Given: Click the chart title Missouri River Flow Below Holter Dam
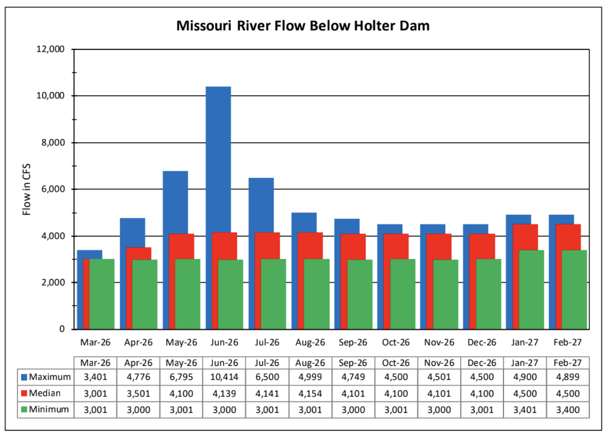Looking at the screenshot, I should (x=302, y=25).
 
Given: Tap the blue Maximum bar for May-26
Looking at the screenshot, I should (x=175, y=202).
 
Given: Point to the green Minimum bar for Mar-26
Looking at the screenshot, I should (x=101, y=294).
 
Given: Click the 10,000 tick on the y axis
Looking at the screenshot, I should (x=52, y=96).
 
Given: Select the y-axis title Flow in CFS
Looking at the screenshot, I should (x=27, y=189).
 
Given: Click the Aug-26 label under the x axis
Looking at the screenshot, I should (x=310, y=342).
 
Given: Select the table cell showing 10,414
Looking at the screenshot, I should (x=225, y=377).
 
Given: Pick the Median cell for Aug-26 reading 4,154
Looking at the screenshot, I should (x=310, y=393).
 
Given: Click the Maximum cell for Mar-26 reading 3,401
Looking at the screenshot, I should (x=95, y=377).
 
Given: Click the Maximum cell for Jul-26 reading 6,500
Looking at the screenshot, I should (x=267, y=377).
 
